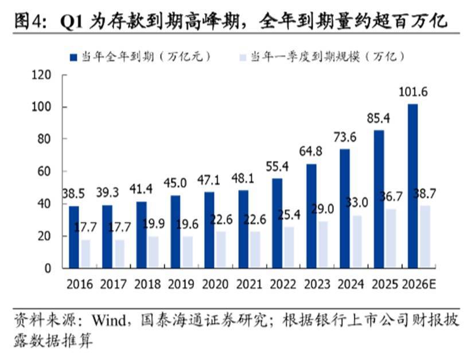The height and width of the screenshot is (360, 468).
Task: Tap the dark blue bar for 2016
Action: (x=74, y=237)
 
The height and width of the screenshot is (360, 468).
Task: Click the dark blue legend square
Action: (x=73, y=57)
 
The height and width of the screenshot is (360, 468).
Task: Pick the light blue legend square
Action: (x=243, y=57)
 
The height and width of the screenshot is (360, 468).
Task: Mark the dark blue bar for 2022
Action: (x=278, y=223)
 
